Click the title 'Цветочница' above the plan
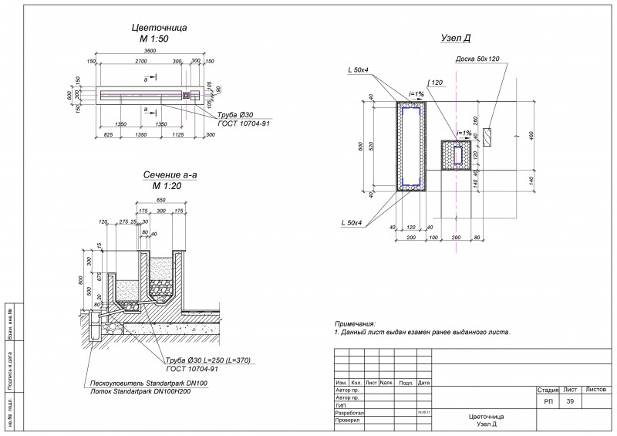(x=160, y=28)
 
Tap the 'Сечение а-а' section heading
(x=170, y=175)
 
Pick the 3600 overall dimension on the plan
(x=157, y=51)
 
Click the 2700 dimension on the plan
(x=141, y=60)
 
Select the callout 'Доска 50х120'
(x=477, y=59)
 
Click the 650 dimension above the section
(x=160, y=200)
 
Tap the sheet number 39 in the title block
(x=570, y=403)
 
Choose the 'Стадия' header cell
(x=547, y=391)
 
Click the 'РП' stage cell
(x=548, y=403)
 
